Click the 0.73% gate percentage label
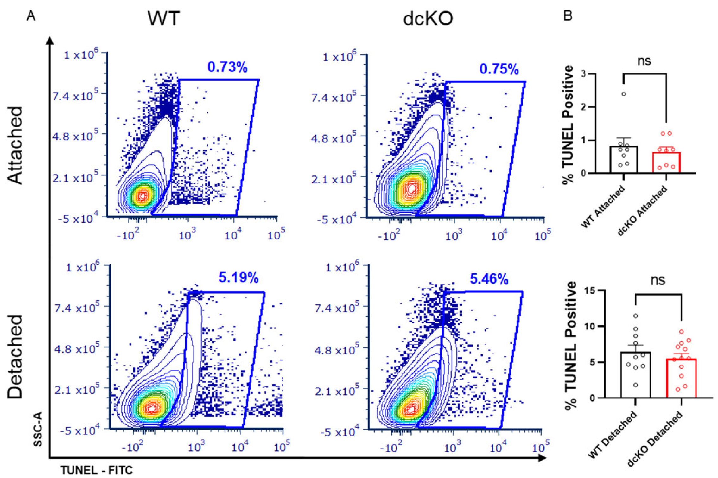[227, 67]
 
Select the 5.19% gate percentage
[238, 277]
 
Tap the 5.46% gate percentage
[489, 279]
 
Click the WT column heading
[164, 18]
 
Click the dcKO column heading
[428, 19]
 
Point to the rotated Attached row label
[15, 145]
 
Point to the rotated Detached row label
[15, 356]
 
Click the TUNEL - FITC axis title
[97, 470]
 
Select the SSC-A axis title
[38, 429]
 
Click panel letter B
[568, 15]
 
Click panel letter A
[31, 15]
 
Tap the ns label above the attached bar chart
[644, 61]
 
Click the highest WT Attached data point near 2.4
[624, 94]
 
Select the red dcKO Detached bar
[681, 379]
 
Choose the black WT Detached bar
[635, 375]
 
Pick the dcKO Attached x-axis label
[643, 211]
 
